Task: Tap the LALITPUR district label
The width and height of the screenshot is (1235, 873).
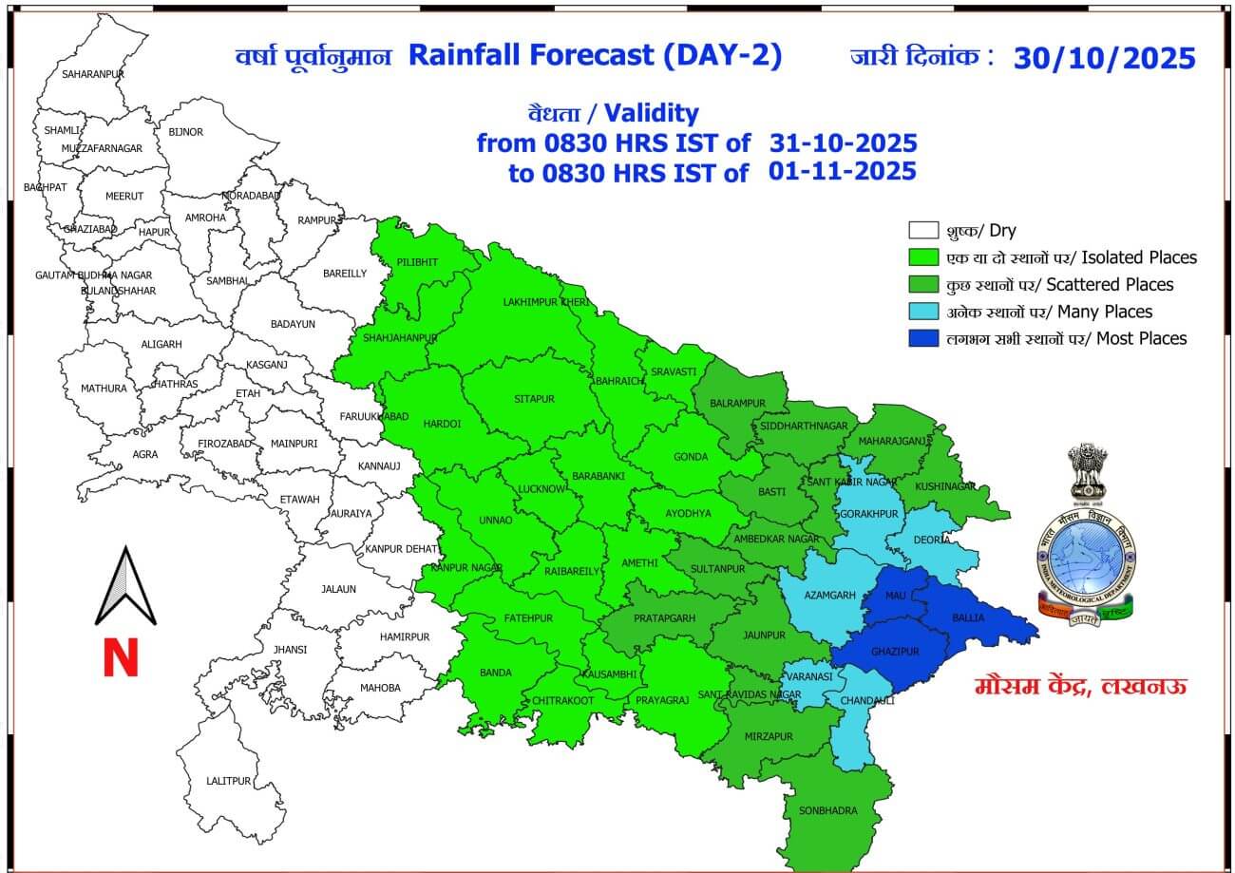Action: click(229, 781)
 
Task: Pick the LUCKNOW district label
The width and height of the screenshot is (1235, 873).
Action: click(541, 489)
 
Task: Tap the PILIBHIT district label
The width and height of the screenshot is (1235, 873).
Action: click(417, 261)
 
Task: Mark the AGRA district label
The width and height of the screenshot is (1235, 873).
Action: click(145, 454)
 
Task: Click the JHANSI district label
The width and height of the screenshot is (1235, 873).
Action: click(290, 650)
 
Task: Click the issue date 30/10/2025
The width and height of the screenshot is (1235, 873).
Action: click(1104, 58)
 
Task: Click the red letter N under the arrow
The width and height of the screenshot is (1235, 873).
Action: click(121, 657)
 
